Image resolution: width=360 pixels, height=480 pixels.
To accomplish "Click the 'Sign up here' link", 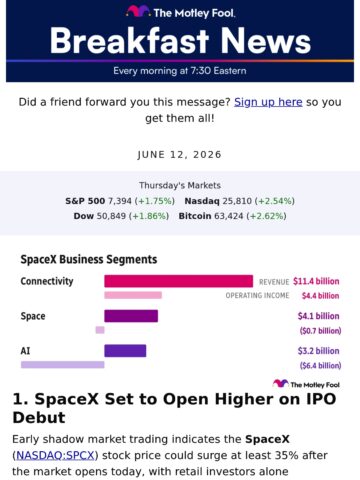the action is coord(268,102).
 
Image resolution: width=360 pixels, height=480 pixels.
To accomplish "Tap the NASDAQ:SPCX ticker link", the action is coord(55,455).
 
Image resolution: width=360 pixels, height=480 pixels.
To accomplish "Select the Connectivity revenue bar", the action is coord(178,281).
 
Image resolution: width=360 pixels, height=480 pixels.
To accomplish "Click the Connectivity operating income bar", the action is coord(133,295).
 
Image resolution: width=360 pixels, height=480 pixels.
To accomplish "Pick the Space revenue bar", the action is coord(131,316).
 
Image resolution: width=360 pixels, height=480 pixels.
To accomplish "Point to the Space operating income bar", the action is coord(100,330).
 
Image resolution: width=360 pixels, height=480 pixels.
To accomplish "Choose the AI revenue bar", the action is coord(125,351).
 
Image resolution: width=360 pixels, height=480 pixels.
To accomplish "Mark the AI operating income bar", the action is coord(63,365).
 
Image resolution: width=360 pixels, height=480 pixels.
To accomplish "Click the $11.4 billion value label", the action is coord(316,281).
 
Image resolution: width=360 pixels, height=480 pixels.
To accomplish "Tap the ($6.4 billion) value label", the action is coord(320,366).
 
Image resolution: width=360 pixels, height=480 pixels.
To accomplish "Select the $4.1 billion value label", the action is coord(318,316).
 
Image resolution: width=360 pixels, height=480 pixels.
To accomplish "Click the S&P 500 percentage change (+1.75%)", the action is coord(155,201).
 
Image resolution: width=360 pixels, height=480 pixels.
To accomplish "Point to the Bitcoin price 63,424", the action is coord(229,216).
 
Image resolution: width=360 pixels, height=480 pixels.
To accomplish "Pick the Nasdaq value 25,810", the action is coord(237,201).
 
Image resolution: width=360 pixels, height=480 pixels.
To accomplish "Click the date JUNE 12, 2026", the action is coord(180,155).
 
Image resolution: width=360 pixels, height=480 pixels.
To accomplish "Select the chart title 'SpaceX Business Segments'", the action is coord(89,259).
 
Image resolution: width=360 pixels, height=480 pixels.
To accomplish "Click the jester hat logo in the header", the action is coord(138,11).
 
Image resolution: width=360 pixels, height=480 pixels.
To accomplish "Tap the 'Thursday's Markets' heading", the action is coord(180,185).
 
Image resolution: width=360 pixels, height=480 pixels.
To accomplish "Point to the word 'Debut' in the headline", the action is coord(39,417).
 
